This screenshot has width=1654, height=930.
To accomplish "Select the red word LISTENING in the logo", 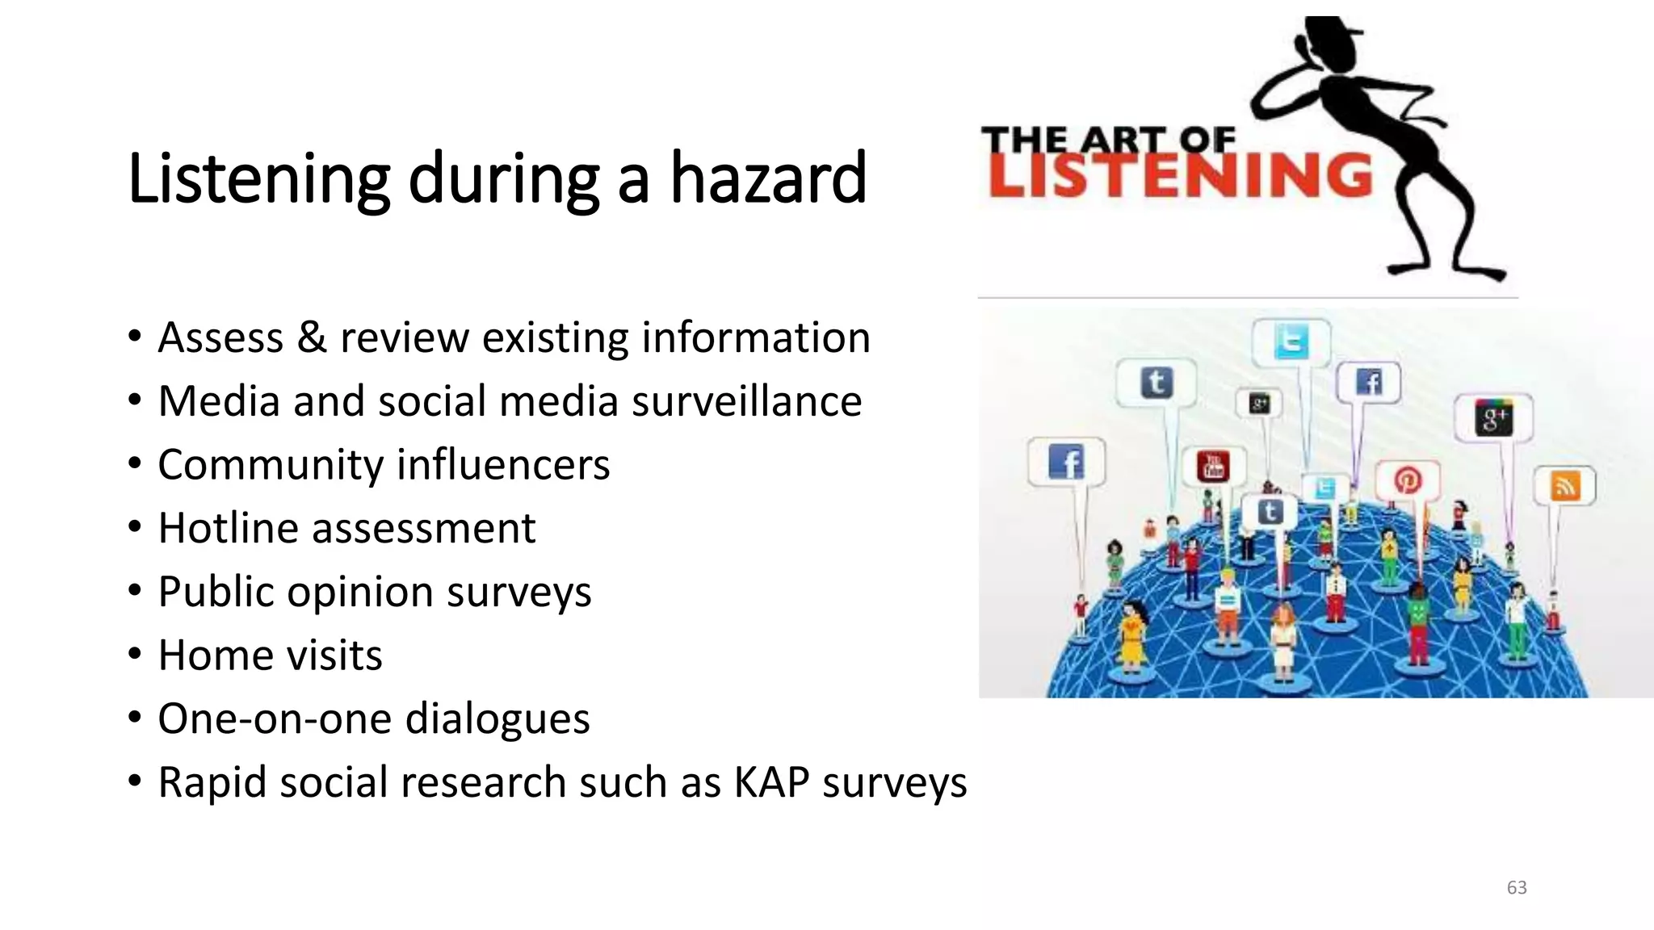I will click(x=1180, y=174).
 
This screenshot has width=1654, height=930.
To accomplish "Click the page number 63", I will click(x=1517, y=887).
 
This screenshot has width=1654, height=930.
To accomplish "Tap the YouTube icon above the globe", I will click(x=1214, y=466).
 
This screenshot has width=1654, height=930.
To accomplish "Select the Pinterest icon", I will click(x=1408, y=480).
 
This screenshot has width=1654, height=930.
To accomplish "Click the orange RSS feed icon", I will click(x=1565, y=486).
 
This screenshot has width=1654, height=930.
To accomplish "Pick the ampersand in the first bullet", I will click(x=312, y=337).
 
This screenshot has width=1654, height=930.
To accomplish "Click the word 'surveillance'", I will click(x=747, y=401).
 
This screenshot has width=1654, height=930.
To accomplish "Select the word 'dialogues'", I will click(x=497, y=718).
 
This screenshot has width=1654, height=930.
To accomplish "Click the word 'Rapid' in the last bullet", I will click(x=212, y=782).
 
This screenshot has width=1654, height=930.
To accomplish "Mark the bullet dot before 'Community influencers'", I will click(x=135, y=463).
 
